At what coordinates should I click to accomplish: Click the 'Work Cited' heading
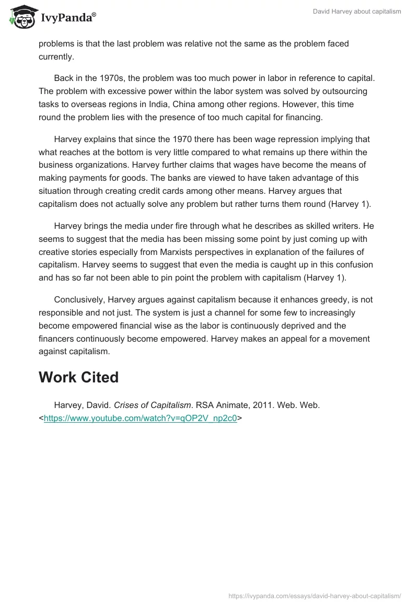point(78,377)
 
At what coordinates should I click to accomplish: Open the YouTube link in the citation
point(141,418)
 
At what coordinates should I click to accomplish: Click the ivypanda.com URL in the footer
point(315,596)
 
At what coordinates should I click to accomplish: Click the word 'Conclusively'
point(78,299)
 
